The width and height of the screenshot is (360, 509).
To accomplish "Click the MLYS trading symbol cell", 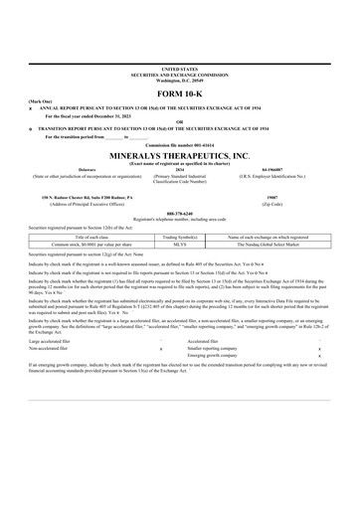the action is point(180,244).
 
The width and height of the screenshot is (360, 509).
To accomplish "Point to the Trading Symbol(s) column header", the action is point(180,237).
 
